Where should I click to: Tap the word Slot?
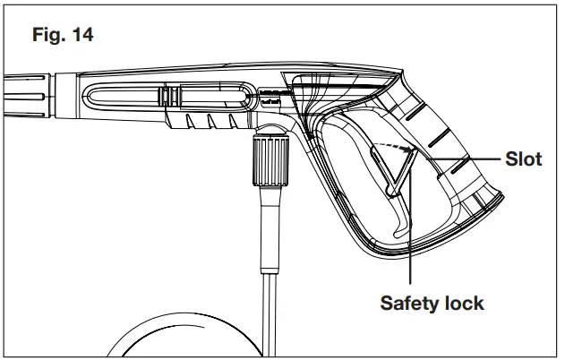coord(524,159)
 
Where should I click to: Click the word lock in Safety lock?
coord(463,303)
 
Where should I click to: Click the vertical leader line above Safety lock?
coord(409,242)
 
